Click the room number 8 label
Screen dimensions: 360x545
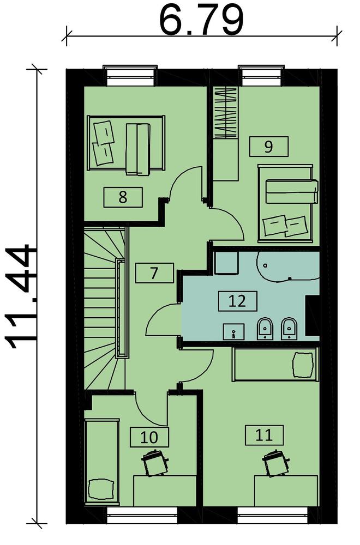123,197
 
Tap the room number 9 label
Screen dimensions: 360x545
268,146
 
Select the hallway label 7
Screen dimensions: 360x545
154,273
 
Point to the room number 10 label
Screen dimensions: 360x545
149,437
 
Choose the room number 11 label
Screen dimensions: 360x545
264,435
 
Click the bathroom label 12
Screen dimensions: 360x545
238,301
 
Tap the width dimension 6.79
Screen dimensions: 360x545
201,20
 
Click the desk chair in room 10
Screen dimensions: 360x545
155,462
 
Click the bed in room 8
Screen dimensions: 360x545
125,143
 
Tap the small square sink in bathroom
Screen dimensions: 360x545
234,331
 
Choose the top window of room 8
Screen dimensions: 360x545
130,75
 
